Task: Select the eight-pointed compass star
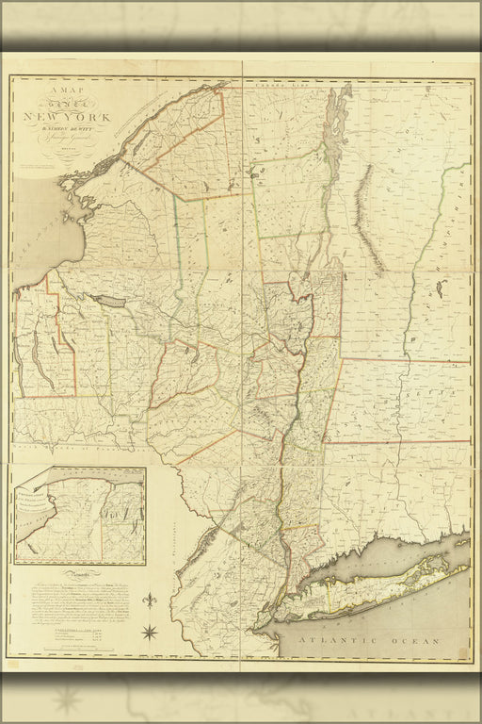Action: point(150,631)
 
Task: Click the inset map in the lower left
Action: point(80,515)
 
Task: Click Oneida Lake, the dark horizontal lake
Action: point(107,301)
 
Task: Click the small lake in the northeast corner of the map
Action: point(439,288)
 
